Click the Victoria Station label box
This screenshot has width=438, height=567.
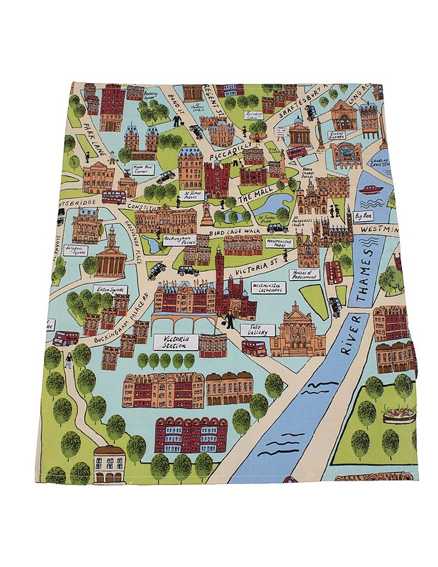pos(174,342)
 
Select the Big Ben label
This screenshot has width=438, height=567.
pos(364,215)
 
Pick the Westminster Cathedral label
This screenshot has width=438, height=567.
pos(268,288)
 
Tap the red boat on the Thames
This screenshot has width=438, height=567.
pos(369,189)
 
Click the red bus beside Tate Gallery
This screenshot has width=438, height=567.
pos(253,347)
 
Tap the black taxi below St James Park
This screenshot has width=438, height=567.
pos(277,228)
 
